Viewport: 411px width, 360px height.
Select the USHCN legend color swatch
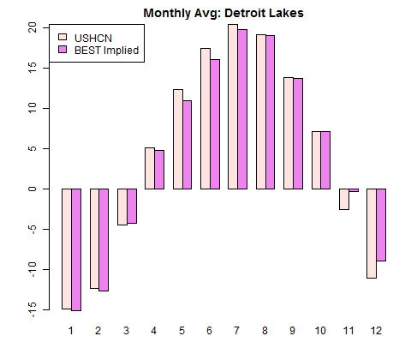63,38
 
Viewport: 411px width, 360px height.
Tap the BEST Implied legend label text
106,51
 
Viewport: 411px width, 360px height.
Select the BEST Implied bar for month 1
75,249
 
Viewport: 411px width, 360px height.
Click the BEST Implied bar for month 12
381,225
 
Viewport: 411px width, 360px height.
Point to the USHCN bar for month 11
343,199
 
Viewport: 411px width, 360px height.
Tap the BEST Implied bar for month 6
215,124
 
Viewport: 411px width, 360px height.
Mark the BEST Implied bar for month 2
104,240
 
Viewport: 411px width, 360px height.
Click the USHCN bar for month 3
121,207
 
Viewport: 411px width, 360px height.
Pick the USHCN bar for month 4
149,168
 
